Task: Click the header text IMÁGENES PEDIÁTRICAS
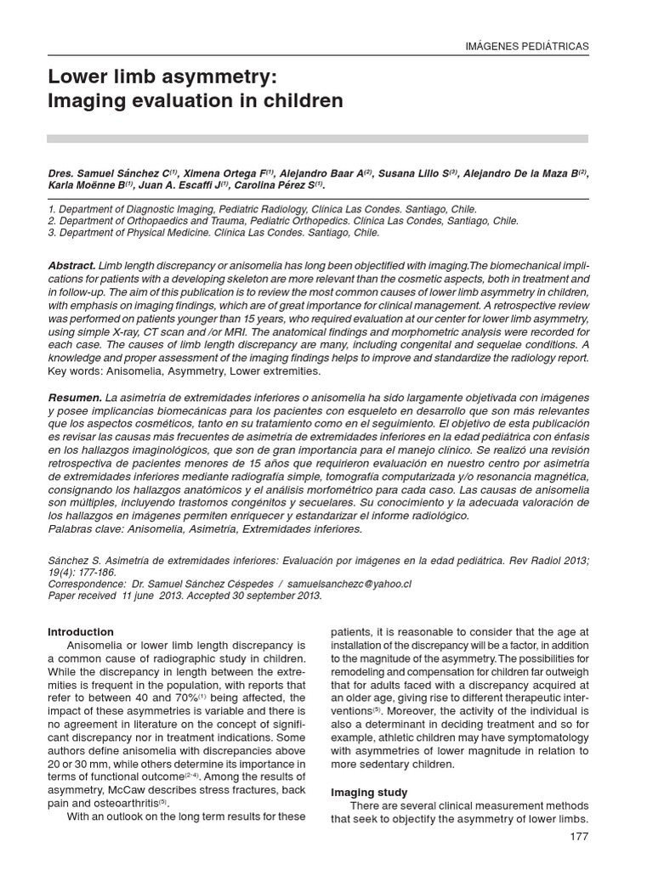530,46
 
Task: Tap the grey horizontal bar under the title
317,138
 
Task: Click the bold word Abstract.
72,266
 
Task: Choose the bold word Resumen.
74,398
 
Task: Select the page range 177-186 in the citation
104,573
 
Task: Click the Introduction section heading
81,632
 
